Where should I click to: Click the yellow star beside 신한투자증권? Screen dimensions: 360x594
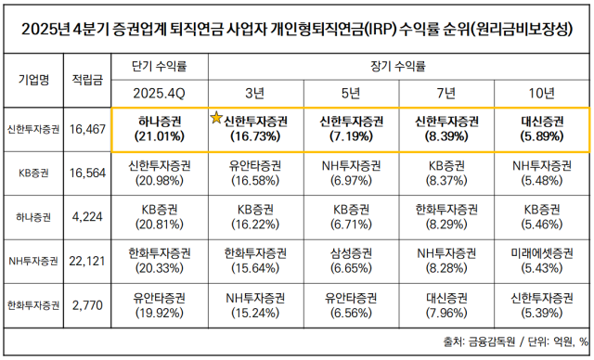[217, 118]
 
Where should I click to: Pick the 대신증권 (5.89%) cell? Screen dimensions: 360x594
[540, 129]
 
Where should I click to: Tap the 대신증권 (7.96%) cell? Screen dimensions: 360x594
[445, 305]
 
